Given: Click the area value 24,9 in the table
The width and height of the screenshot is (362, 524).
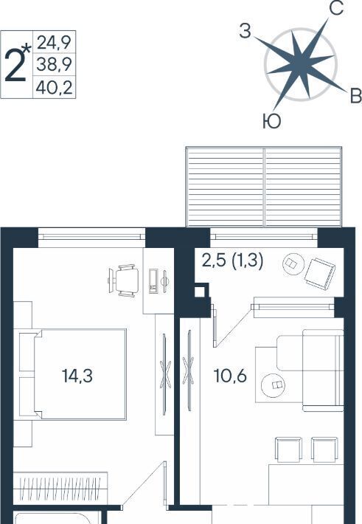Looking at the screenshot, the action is click(x=54, y=43).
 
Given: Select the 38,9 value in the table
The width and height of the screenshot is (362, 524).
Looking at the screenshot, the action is click(x=54, y=64).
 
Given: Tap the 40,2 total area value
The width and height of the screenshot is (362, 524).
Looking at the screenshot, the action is click(x=54, y=88).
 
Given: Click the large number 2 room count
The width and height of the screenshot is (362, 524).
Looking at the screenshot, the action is click(x=15, y=65).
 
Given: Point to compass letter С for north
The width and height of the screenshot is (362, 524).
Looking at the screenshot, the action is click(x=336, y=8).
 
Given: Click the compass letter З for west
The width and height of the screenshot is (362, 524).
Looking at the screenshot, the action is click(x=245, y=32).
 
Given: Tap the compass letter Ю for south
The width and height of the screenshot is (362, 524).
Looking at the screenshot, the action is click(x=271, y=121).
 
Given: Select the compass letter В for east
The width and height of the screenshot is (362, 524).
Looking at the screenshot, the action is click(x=355, y=96).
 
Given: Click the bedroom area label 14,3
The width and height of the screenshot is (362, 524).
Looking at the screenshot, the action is click(x=77, y=376).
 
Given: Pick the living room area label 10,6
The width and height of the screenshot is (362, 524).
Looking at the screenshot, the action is click(x=230, y=376).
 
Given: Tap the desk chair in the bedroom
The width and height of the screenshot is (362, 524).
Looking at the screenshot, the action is click(x=123, y=280).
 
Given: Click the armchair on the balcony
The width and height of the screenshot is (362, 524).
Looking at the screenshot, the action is click(x=319, y=274).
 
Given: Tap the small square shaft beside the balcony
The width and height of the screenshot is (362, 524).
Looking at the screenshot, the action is click(x=199, y=291).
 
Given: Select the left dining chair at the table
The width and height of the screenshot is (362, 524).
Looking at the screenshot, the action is click(x=289, y=449).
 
